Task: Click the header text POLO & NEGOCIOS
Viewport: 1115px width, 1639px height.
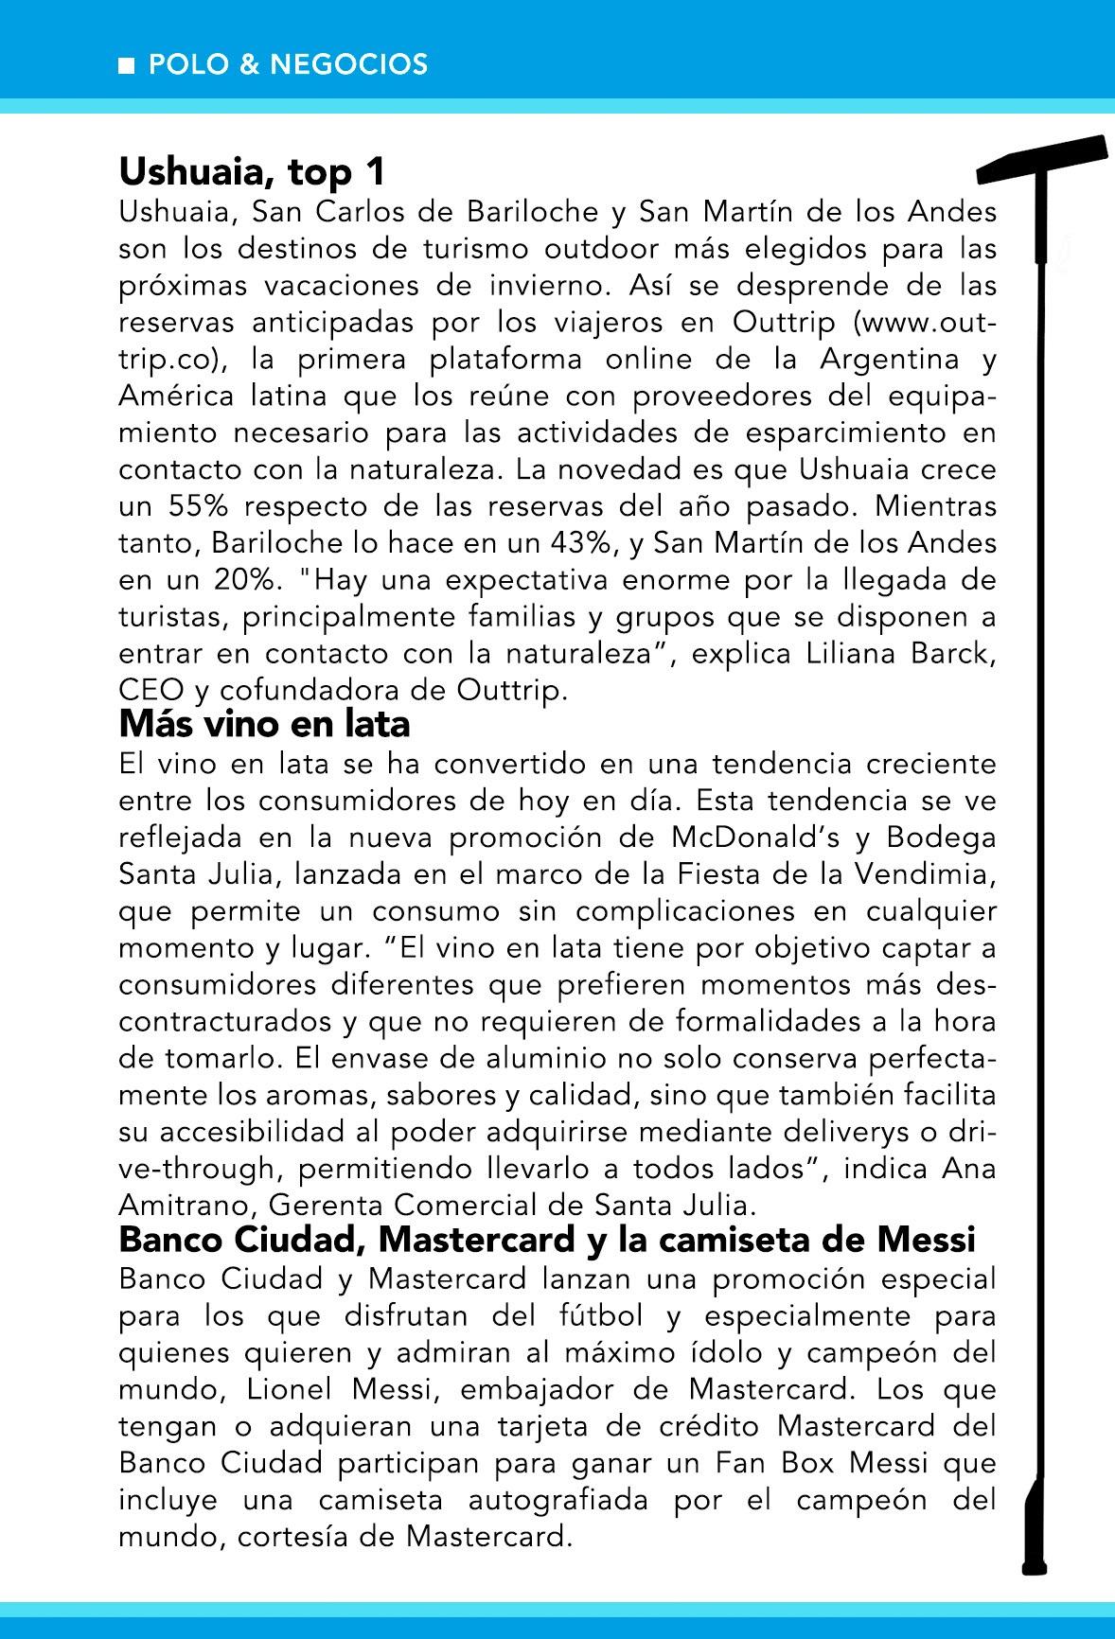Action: pyautogui.click(x=288, y=64)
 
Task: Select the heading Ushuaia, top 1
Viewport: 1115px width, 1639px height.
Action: pyautogui.click(x=253, y=173)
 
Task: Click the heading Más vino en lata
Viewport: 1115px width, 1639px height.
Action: pyautogui.click(x=264, y=725)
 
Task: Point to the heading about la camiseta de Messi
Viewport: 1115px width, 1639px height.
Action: pyautogui.click(x=547, y=1238)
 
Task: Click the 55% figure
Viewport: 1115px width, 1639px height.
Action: pyautogui.click(x=199, y=506)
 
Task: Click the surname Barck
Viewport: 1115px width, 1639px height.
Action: pyautogui.click(x=950, y=654)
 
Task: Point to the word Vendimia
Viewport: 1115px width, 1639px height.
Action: pyautogui.click(x=924, y=874)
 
